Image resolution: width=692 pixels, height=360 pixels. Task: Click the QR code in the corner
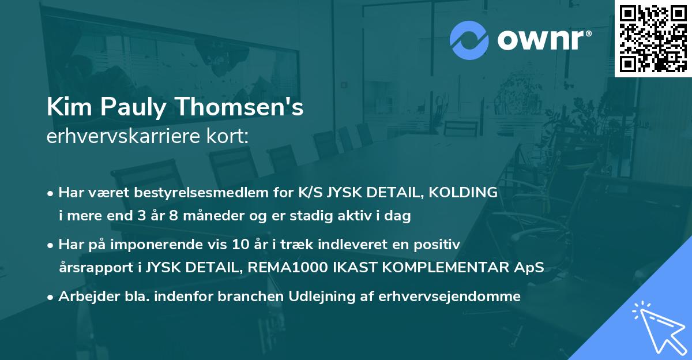(x=653, y=39)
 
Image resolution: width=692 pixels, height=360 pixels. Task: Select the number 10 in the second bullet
(x=238, y=245)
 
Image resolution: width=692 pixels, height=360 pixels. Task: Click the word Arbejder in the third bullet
(x=84, y=297)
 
